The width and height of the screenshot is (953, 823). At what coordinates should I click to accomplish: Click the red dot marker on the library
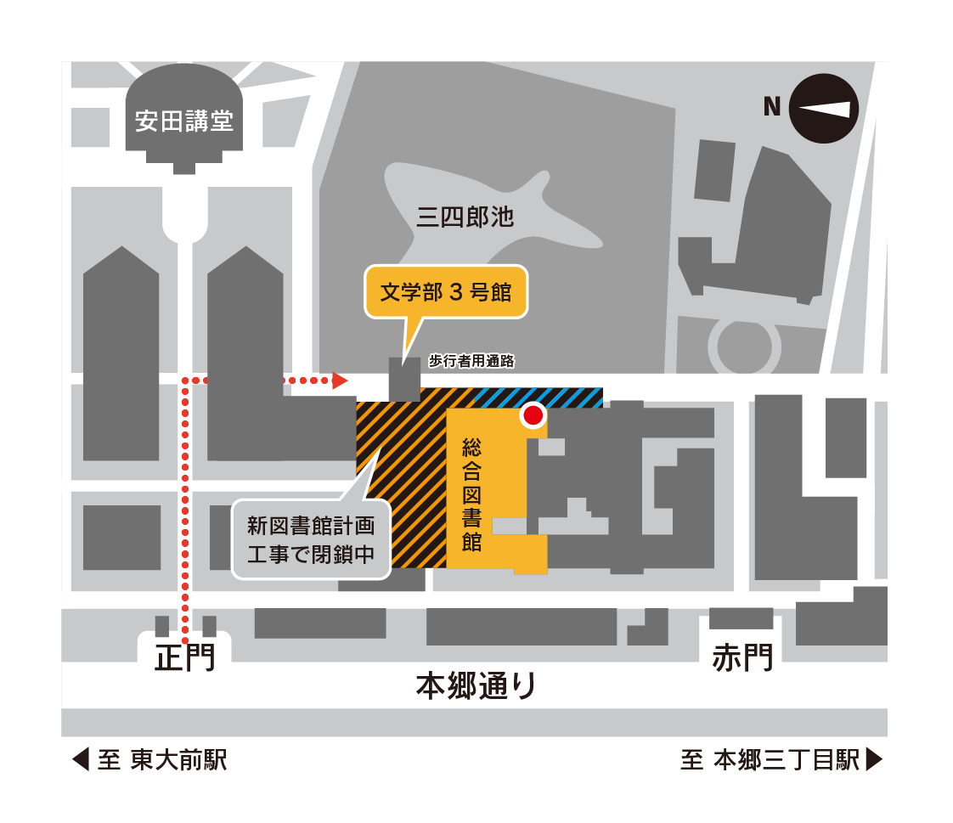click(533, 415)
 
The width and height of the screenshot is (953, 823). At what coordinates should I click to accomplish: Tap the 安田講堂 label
click(184, 121)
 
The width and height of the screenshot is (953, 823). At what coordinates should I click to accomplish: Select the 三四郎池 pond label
click(465, 217)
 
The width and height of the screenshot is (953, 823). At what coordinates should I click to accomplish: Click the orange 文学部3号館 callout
click(446, 291)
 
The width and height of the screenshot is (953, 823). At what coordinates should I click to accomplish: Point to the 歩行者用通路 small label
click(471, 361)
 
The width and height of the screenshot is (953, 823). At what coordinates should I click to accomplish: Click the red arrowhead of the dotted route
click(340, 381)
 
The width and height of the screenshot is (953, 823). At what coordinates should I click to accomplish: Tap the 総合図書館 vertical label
click(471, 494)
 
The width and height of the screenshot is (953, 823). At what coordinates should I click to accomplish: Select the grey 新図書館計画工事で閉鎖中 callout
click(311, 539)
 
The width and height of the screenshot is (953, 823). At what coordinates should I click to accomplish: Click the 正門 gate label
click(185, 657)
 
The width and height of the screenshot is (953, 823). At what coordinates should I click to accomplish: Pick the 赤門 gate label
click(742, 657)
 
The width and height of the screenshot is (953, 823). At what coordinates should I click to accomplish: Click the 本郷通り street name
click(476, 685)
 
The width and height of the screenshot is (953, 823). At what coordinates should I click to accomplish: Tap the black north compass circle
click(824, 109)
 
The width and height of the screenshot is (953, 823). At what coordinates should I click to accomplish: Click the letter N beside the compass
click(772, 106)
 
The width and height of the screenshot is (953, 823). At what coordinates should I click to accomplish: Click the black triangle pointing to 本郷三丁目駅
click(873, 759)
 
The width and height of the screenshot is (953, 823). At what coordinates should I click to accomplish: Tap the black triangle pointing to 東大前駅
click(81, 759)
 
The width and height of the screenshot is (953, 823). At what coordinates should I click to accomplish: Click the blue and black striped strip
click(539, 397)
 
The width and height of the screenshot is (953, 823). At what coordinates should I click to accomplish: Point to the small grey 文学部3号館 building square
click(405, 380)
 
